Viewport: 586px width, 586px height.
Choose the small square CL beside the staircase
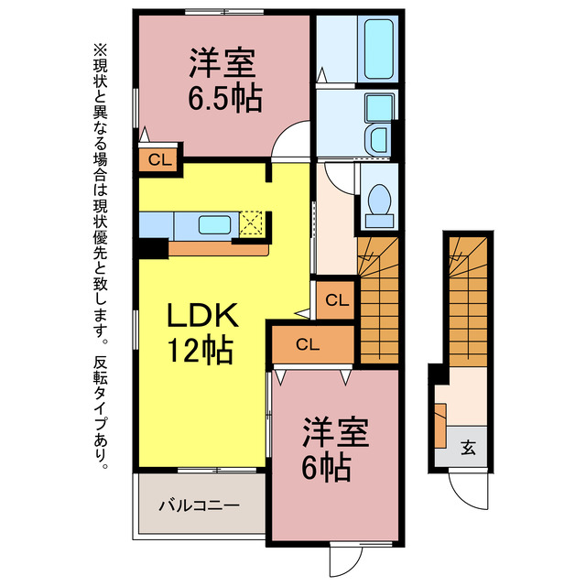coord(336,299)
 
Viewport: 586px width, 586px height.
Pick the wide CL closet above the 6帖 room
coord(308,344)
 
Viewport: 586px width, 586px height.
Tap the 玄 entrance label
coord(468,449)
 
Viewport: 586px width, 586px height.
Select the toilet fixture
coord(378,201)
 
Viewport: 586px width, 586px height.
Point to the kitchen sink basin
coord(216,223)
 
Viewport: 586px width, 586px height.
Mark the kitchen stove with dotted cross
coord(252,222)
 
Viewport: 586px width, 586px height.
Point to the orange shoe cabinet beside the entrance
coord(440,426)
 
